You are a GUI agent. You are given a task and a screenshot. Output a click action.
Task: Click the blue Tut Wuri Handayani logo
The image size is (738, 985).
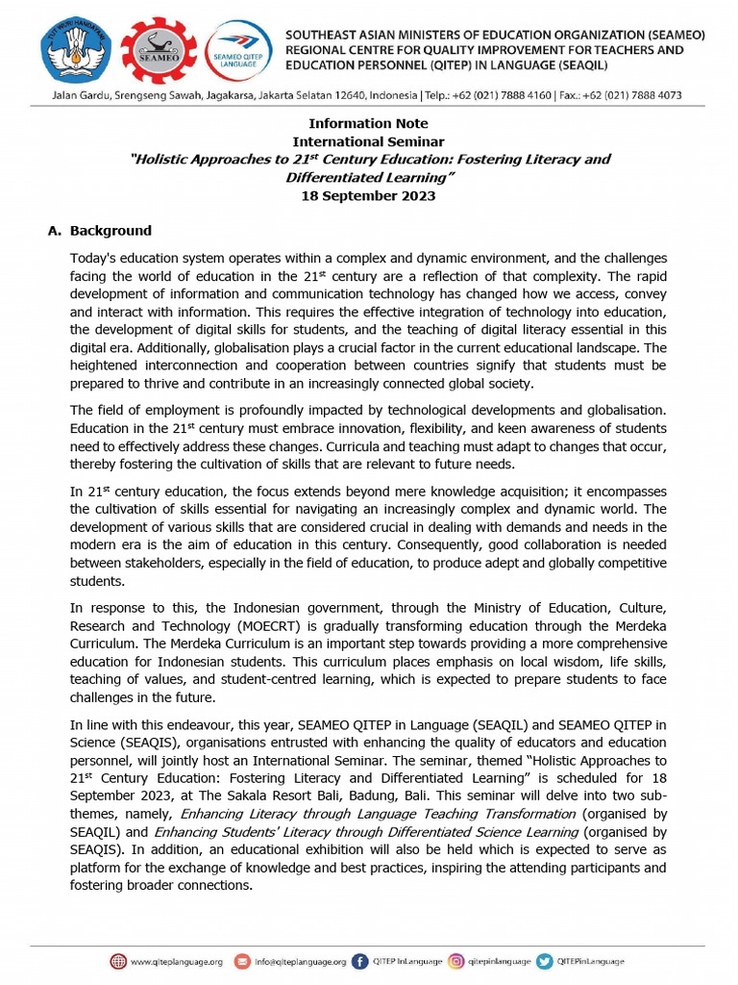click(75, 49)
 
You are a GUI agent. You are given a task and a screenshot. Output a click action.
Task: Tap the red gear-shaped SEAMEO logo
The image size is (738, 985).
click(159, 49)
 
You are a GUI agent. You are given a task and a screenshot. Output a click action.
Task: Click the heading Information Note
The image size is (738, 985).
click(368, 124)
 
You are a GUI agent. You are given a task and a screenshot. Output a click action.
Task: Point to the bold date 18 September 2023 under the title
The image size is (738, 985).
click(368, 195)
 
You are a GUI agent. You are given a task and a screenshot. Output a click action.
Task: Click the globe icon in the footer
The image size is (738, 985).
click(118, 961)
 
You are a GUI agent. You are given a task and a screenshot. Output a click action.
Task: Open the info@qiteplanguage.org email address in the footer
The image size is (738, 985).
click(300, 961)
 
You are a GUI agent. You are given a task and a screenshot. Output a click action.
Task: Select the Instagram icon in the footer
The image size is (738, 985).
click(457, 961)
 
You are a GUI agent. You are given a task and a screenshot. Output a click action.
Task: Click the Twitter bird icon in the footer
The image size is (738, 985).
click(545, 961)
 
